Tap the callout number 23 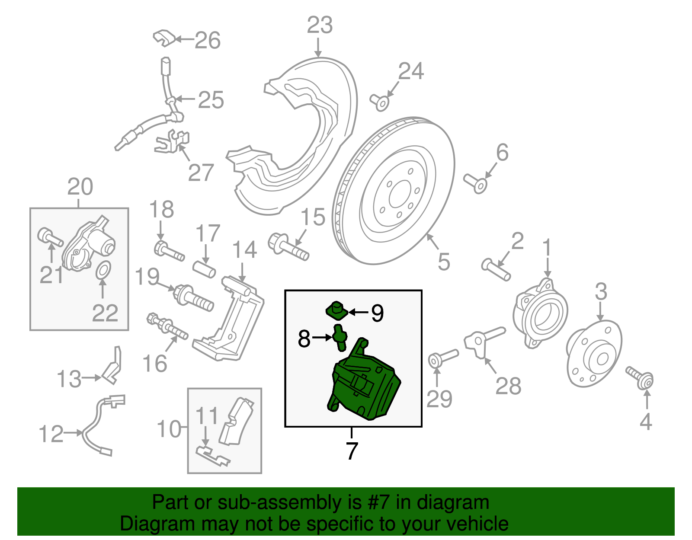320,25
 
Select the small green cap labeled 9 336,310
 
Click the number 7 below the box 351,451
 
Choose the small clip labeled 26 163,38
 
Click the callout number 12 51,434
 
